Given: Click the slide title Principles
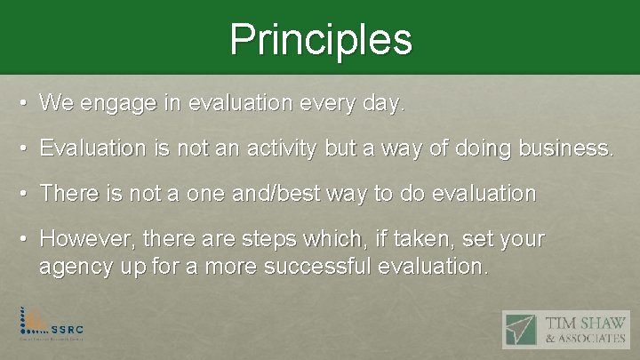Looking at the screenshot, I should (x=320, y=39).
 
